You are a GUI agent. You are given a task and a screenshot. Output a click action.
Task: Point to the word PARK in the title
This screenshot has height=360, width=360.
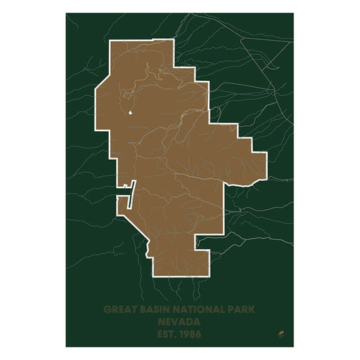pyautogui.click(x=240, y=308)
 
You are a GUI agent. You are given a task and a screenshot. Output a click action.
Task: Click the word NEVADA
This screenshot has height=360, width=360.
pyautogui.click(x=180, y=320)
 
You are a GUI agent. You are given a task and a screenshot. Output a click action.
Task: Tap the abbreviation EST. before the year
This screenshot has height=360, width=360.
pyautogui.click(x=166, y=332)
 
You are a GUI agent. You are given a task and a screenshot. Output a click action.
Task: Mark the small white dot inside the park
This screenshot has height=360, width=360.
pyautogui.click(x=130, y=114)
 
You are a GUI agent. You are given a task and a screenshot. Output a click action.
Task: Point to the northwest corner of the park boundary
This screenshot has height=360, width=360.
pyautogui.click(x=110, y=41)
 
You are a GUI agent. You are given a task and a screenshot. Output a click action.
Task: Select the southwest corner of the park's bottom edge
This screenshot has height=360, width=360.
pyautogui.click(x=152, y=277)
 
